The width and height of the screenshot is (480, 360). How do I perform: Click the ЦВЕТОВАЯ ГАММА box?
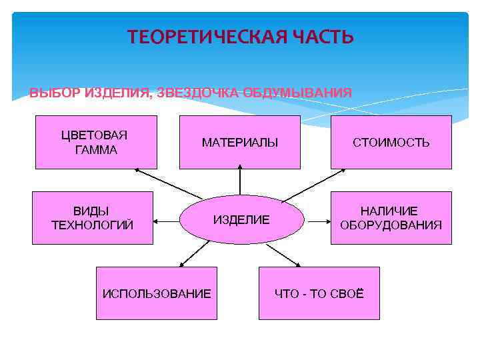pos(96,142)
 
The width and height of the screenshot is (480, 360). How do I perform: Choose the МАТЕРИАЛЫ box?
pos(240,142)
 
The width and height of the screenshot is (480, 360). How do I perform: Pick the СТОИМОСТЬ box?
pos(391,142)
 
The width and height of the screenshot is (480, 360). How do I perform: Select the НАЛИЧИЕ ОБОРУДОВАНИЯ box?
pos(391,218)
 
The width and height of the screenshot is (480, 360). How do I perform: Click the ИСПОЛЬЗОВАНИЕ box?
pos(156,293)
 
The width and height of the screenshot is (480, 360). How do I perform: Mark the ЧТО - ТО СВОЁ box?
pos(319,293)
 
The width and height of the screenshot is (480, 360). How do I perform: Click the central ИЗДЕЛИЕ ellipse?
pos(241,219)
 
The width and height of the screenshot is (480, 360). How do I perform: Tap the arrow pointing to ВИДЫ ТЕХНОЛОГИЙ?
pos(167,219)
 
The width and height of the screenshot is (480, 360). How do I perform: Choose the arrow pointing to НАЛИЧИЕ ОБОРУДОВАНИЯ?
pos(317,219)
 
